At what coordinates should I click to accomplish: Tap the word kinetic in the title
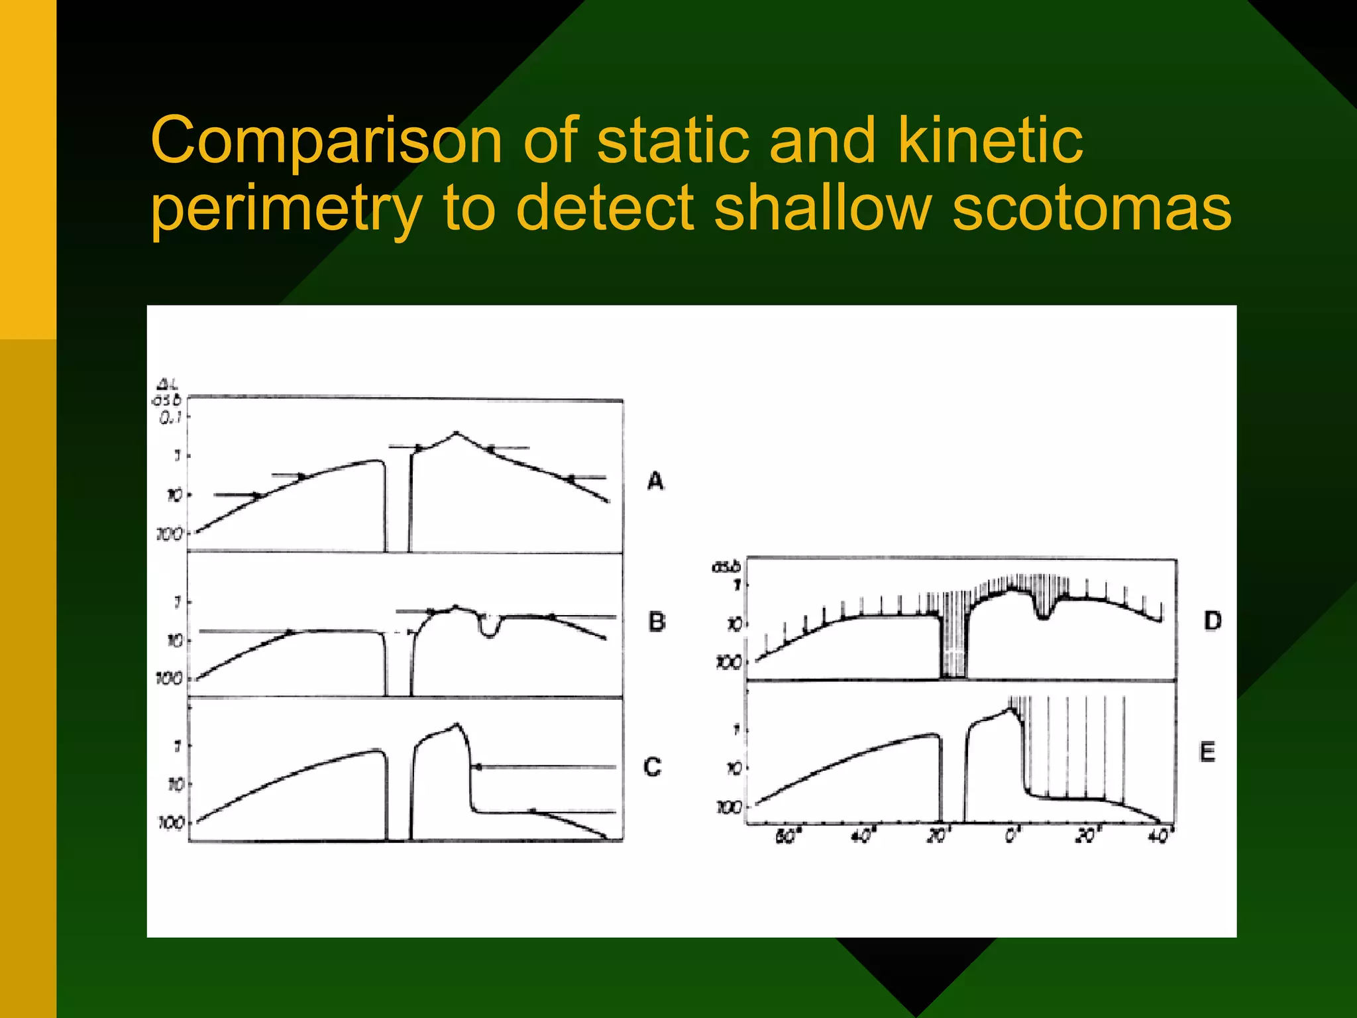[990, 140]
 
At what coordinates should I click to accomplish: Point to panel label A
[655, 481]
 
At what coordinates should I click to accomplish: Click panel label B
[656, 622]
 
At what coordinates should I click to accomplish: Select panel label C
[653, 767]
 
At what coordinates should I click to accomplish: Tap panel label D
[1213, 621]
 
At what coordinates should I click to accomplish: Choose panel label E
[1207, 752]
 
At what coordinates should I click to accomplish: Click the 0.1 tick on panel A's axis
[172, 416]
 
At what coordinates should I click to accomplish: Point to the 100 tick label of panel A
[169, 534]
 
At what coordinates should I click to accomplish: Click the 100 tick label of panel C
[170, 823]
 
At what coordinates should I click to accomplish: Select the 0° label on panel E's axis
[1011, 837]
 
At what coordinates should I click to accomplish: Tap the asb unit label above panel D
[724, 567]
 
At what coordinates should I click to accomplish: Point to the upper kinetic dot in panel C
[478, 767]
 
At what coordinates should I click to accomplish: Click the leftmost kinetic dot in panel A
[258, 495]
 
